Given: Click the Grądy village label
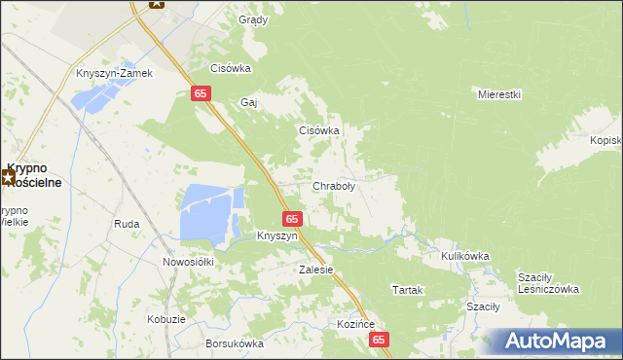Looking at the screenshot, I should coord(252,19).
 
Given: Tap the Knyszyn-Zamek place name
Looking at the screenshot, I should coord(115,73).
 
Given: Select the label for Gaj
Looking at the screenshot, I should coord(248,102).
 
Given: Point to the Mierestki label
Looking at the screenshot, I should coord(500,94).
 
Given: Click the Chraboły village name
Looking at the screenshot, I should coord(334,186).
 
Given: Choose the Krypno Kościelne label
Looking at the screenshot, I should coord(37,174).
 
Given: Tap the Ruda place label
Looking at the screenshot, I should coord(127,224).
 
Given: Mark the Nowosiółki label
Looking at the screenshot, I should coord(193,262).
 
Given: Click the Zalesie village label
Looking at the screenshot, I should coord(316,270).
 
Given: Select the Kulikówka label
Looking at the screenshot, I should coord(464,256).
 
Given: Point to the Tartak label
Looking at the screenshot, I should coord(406,290).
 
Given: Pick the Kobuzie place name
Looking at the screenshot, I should coord(165,319).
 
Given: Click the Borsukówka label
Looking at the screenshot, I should coord(235,343).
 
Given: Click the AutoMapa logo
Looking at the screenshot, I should coord(556,341).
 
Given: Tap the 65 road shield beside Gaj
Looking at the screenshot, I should coord(200,92).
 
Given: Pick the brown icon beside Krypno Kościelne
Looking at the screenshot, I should coord(9,176).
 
